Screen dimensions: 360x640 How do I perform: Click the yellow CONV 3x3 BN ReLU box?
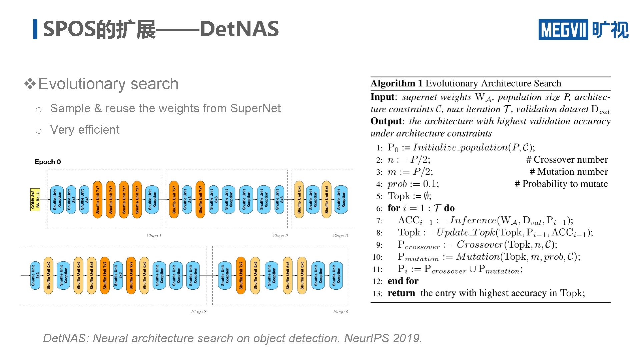[x=35, y=199]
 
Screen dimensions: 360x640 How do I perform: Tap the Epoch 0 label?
[x=48, y=162]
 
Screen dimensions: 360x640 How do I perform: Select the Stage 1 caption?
[x=154, y=236]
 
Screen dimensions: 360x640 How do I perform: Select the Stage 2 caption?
[x=280, y=236]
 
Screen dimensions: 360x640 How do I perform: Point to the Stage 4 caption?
[x=341, y=312]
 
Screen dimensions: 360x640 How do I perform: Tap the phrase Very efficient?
[x=85, y=130]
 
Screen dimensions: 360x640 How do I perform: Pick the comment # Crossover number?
[x=567, y=160]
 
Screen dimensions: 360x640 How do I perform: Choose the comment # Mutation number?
[x=569, y=172]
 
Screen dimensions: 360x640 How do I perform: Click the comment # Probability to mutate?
[x=561, y=184]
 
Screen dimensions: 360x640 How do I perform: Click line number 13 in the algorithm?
[x=377, y=294]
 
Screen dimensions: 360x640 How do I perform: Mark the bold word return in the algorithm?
[x=401, y=293]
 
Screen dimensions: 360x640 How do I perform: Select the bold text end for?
[x=403, y=281]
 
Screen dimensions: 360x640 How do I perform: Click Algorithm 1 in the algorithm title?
[x=397, y=83]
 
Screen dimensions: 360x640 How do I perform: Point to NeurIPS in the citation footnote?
[x=366, y=338]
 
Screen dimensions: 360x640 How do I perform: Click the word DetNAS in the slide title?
[x=239, y=29]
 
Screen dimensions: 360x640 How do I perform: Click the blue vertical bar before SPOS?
[x=35, y=29]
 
